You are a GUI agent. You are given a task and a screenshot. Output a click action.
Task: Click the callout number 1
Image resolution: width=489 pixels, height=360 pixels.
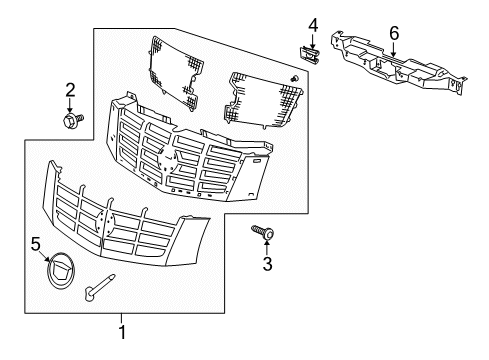tap(123, 331)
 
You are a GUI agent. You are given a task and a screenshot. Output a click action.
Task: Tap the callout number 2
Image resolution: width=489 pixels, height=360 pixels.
tap(69, 91)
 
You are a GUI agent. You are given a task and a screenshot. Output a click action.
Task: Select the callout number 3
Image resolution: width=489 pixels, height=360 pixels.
tap(268, 264)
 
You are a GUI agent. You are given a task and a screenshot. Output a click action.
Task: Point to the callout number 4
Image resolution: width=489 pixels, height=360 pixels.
tap(312, 24)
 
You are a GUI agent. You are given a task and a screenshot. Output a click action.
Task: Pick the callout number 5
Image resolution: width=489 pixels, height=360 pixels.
tap(35, 242)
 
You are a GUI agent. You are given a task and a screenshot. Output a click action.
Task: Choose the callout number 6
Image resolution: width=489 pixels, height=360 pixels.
tap(394, 33)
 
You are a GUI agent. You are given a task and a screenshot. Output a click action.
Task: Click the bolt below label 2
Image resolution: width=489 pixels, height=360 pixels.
tap(73, 121)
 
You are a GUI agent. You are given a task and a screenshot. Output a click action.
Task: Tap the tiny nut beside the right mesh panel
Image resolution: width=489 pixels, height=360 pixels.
tap(294, 79)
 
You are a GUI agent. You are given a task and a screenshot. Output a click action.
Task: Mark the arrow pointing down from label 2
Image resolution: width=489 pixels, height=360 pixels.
tap(70, 106)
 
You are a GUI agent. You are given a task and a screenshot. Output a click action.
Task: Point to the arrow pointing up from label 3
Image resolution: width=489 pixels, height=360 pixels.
tap(268, 247)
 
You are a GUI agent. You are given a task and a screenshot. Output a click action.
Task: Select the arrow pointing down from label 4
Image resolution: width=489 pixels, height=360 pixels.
tap(312, 39)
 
